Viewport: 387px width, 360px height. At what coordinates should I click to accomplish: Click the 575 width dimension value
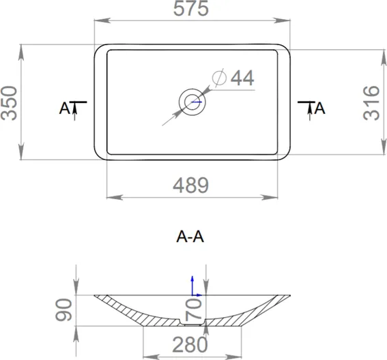click(191, 9)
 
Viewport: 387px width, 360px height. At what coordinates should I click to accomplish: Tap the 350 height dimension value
click(9, 103)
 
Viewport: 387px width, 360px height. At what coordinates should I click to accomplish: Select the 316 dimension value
click(371, 103)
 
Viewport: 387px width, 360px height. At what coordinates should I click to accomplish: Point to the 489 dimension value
click(191, 185)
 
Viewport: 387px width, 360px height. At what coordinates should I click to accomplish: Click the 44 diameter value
click(242, 78)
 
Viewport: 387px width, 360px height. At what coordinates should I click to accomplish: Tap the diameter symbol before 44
click(219, 78)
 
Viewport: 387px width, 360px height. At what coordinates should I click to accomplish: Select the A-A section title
click(190, 237)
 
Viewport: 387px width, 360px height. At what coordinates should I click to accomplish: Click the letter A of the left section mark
click(64, 108)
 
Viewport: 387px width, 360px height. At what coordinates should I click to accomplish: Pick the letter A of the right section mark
click(320, 108)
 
